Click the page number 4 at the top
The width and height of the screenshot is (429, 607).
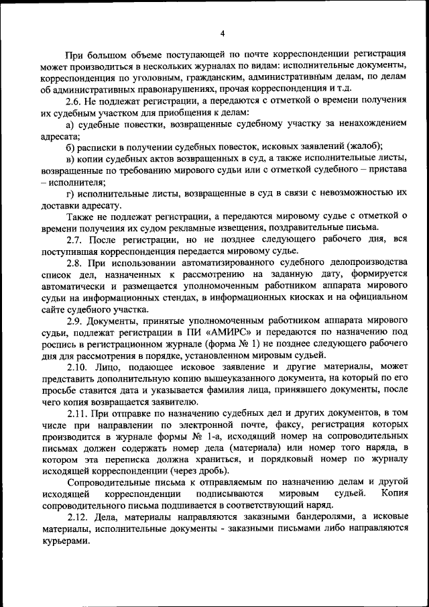coord(222,33)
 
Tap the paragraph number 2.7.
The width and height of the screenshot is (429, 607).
coord(75,239)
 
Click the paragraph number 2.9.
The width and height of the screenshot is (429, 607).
coord(75,321)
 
